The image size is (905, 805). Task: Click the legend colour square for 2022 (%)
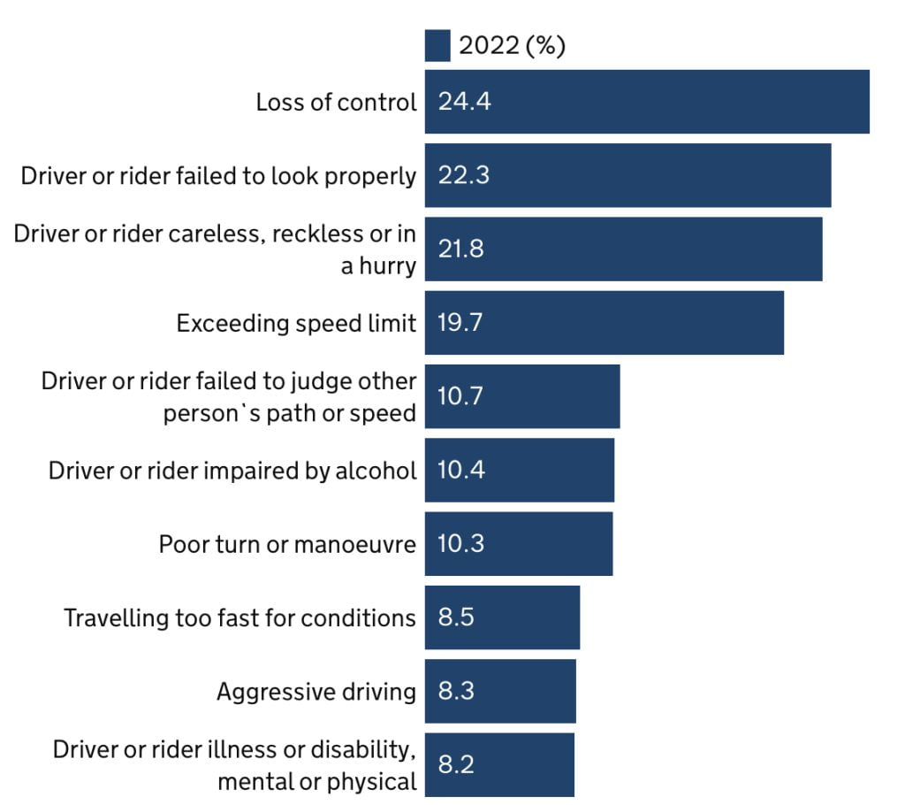437,46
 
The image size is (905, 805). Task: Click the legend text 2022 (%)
512,46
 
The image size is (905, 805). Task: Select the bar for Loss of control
647,102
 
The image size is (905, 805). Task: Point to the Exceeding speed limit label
296,323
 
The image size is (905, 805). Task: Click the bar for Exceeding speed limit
605,323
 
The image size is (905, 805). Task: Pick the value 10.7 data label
460,396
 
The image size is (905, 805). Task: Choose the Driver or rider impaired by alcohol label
232,470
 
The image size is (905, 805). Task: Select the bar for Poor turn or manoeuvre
519,543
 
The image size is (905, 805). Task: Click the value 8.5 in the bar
456,617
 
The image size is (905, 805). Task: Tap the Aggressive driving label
316,691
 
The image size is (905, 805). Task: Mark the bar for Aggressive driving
500,691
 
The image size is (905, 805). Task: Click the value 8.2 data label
456,764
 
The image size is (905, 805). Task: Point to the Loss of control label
336,102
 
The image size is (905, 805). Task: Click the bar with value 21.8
623,249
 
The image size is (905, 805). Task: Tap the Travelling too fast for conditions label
240,617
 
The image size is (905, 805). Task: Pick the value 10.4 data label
460,470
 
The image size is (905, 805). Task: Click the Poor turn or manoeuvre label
287,543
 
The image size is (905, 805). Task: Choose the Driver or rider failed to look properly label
218,175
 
